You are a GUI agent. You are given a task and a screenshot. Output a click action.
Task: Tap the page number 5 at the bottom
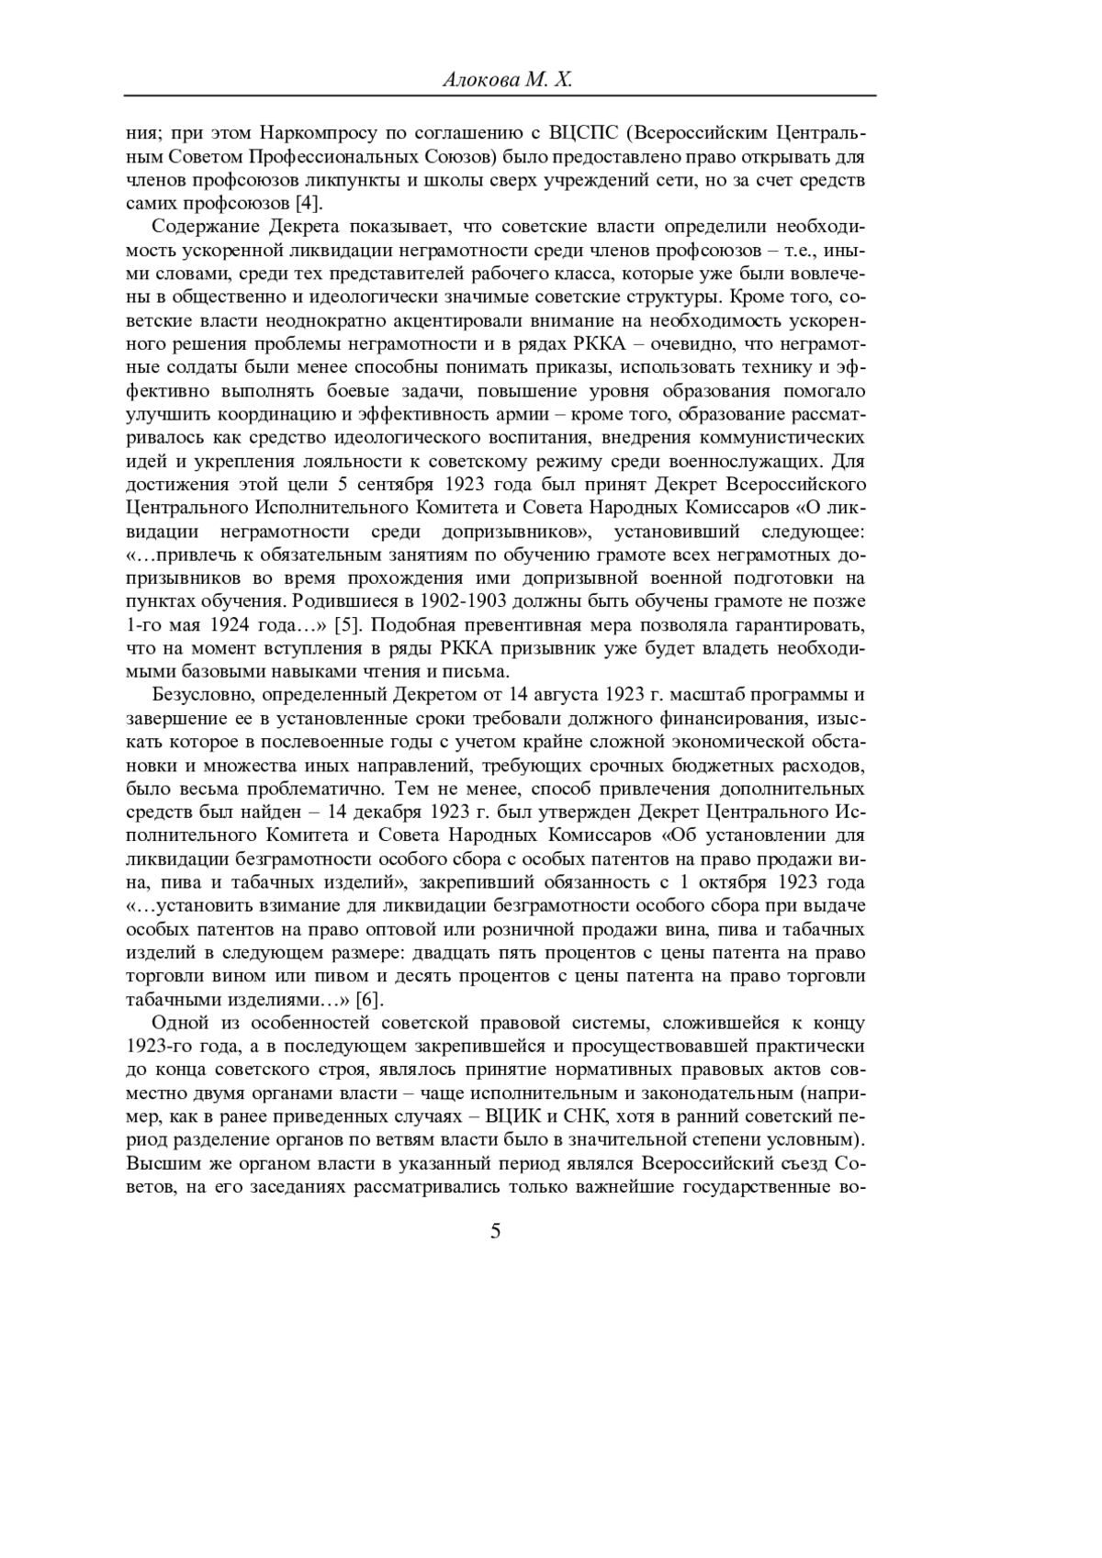496,1231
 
